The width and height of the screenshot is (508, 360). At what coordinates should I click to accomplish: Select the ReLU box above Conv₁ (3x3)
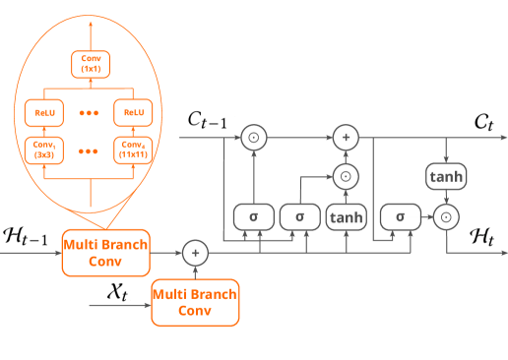coord(42,112)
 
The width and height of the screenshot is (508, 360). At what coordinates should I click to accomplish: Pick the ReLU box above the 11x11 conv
coord(133,112)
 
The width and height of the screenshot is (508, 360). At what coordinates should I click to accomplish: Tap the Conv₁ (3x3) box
coord(42,151)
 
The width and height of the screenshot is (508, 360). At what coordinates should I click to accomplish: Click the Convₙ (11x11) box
coord(133,151)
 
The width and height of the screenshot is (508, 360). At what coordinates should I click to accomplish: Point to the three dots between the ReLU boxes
coord(88,112)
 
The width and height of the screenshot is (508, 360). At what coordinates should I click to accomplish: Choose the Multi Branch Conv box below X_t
coord(195,301)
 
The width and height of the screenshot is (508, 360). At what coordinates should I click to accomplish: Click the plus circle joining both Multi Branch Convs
coord(195,253)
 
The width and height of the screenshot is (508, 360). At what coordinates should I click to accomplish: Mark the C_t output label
coord(482,120)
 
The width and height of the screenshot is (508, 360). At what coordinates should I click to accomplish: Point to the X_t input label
coord(117,292)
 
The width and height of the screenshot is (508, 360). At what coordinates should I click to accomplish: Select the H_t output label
coord(482,234)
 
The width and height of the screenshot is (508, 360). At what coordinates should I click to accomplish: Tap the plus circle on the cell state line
coord(345,138)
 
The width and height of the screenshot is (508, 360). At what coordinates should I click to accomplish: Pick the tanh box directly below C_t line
coord(445,176)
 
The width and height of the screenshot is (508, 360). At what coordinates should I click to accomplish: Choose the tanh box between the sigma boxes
coord(345,215)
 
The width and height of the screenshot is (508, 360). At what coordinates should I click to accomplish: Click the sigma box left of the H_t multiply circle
coord(400,215)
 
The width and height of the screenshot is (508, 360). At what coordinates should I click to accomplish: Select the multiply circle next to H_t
coord(446,216)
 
